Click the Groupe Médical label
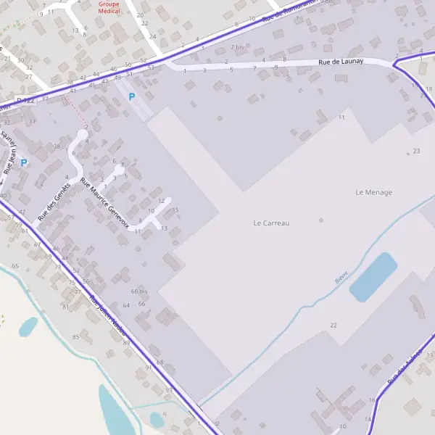pyautogui.click(x=111, y=8)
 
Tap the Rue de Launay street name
pyautogui.click(x=340, y=62)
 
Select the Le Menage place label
pyautogui.click(x=373, y=192)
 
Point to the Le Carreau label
pyautogui.click(x=271, y=223)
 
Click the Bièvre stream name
pyautogui.click(x=341, y=276)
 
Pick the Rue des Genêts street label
pyautogui.click(x=53, y=200)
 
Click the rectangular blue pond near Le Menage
pyautogui.click(x=373, y=277)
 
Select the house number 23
pyautogui.click(x=416, y=151)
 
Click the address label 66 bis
pyautogui.click(x=138, y=291)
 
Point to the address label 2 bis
pyautogui.click(x=238, y=47)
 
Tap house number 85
pyautogui.click(x=75, y=337)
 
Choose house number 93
pyautogui.click(x=169, y=390)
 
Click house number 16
pyautogui.click(x=372, y=400)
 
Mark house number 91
pyautogui.click(x=149, y=368)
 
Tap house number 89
pyautogui.click(x=126, y=343)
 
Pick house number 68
pyautogui.click(x=160, y=362)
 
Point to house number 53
pyautogui.click(x=151, y=67)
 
